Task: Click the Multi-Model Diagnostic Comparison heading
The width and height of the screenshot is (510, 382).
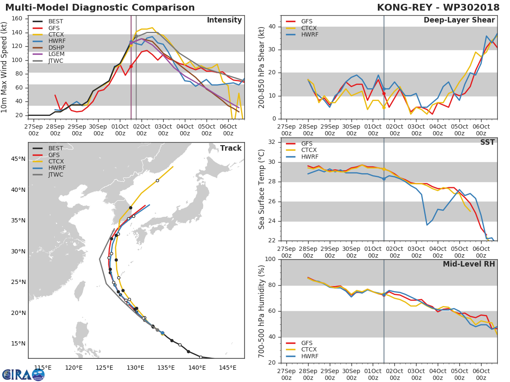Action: click(x=100, y=8)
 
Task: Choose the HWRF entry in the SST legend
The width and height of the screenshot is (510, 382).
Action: click(x=309, y=157)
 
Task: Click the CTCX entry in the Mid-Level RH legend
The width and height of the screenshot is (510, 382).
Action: click(x=309, y=350)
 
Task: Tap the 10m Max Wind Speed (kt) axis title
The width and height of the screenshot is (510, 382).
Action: click(x=5, y=67)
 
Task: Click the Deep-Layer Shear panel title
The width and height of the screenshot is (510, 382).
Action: click(x=459, y=20)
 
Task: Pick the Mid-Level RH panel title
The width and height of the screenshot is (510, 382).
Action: click(x=469, y=264)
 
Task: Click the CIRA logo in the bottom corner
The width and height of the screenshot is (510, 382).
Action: click(x=23, y=375)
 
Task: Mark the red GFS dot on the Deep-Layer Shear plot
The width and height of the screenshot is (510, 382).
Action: click(x=384, y=93)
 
